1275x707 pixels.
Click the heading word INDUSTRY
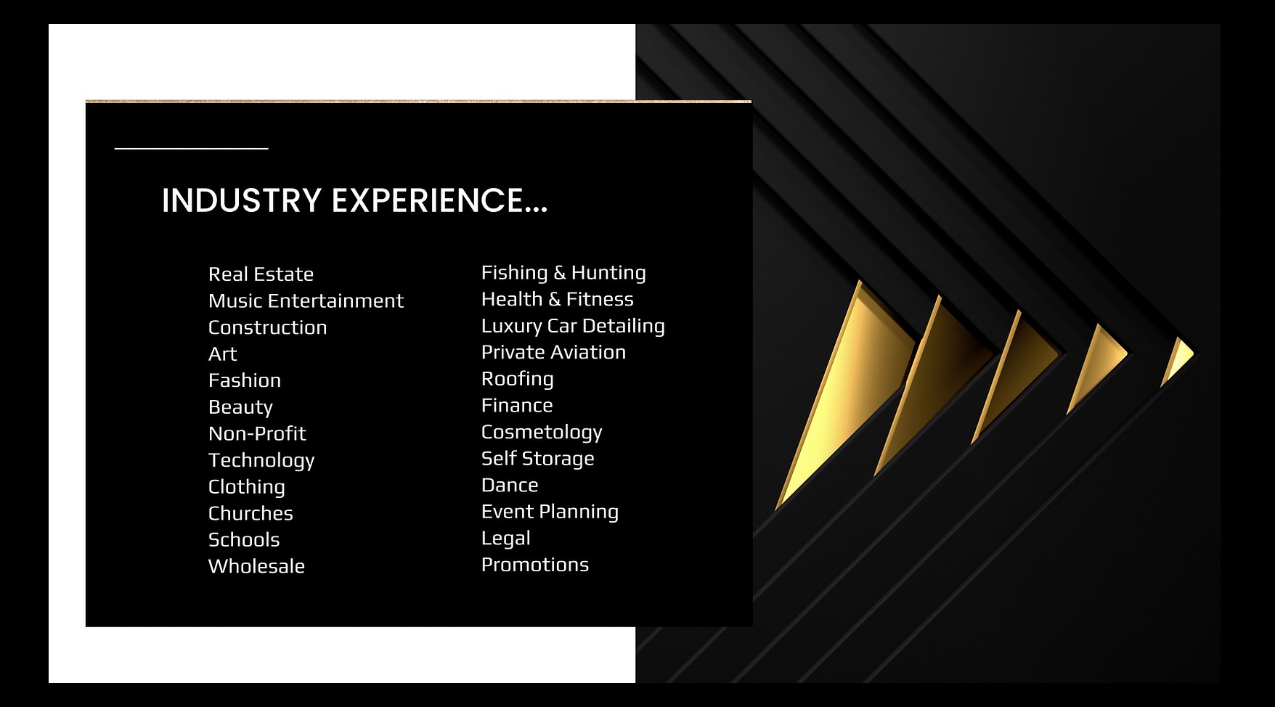241,200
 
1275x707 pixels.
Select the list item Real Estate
261,274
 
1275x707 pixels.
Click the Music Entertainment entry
306,301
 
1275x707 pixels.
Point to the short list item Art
222,354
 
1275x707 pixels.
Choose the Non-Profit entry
257,433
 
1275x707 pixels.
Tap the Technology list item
261,460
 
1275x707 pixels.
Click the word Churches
250,513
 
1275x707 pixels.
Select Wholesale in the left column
256,566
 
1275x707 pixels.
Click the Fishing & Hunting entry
563,273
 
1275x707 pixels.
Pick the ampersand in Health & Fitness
555,299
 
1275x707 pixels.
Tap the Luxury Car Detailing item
573,326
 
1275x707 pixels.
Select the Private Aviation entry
553,352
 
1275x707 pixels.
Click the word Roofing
518,379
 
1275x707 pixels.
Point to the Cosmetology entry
542,432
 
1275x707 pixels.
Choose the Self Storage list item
538,459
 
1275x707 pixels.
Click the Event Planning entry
550,512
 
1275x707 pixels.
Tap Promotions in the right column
535,565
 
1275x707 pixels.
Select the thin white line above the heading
192,148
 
